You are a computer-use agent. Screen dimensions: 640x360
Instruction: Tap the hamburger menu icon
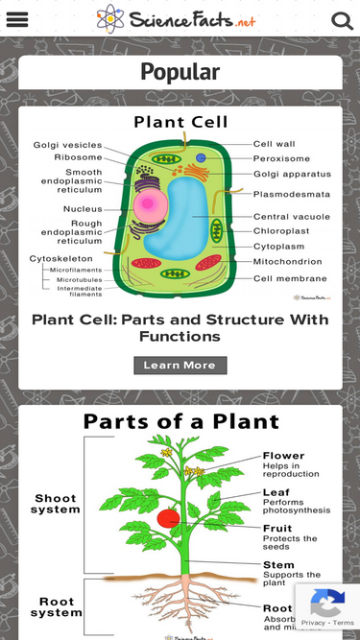coord(17,20)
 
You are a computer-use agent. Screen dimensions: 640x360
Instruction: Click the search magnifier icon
coord(342,20)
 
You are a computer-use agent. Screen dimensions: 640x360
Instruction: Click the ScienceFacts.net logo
coord(177,19)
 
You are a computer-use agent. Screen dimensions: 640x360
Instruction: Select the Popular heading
coord(180,72)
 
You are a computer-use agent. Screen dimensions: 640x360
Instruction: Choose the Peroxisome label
coord(281,158)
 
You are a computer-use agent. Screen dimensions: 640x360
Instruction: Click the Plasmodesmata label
coord(292,193)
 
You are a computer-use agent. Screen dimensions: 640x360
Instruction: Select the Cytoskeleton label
coord(61,258)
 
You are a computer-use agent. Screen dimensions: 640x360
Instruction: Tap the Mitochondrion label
coord(288,261)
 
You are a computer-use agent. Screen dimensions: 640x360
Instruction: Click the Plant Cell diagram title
coord(180,122)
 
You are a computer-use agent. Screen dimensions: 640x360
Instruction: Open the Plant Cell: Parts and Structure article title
coord(180,328)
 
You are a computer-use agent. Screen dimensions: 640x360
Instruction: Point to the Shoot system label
coord(56,504)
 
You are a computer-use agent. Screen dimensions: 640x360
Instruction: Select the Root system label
coord(56,606)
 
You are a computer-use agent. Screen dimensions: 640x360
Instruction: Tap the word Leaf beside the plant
coord(276,491)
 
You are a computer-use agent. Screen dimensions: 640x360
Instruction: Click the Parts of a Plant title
coord(180,421)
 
